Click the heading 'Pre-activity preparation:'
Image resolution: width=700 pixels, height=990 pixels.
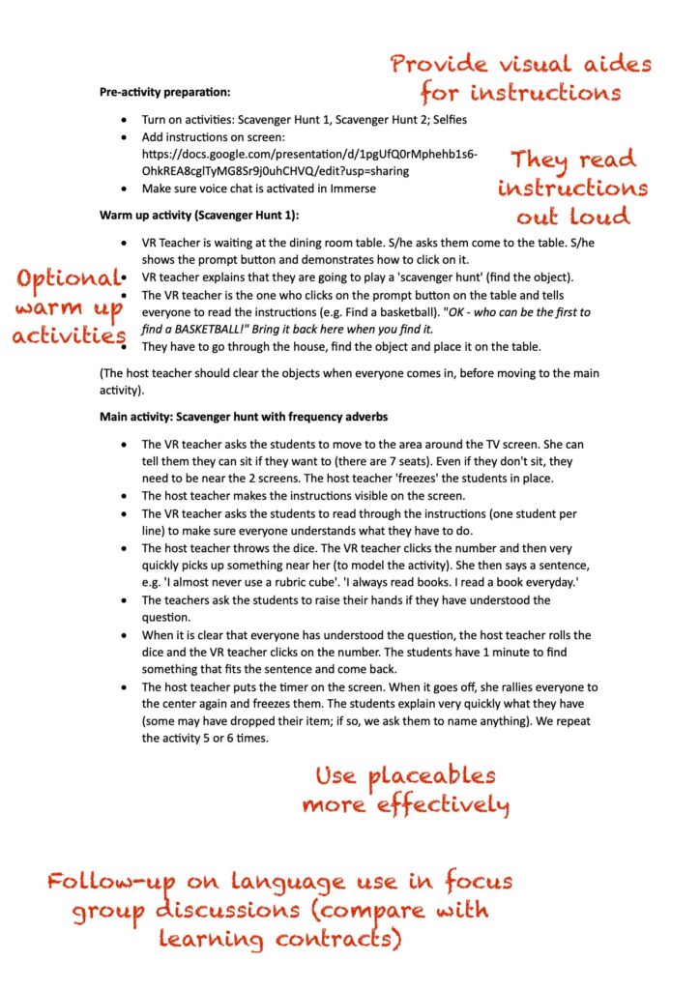click(165, 93)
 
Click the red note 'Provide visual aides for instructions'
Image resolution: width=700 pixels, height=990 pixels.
click(521, 78)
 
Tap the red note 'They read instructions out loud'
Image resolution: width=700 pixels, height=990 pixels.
click(573, 187)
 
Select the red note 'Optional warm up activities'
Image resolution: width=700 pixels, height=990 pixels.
click(70, 306)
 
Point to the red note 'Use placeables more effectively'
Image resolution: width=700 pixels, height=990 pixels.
click(405, 789)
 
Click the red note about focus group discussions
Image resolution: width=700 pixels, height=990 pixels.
click(280, 909)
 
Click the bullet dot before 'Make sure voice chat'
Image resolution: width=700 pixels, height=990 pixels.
click(123, 189)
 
